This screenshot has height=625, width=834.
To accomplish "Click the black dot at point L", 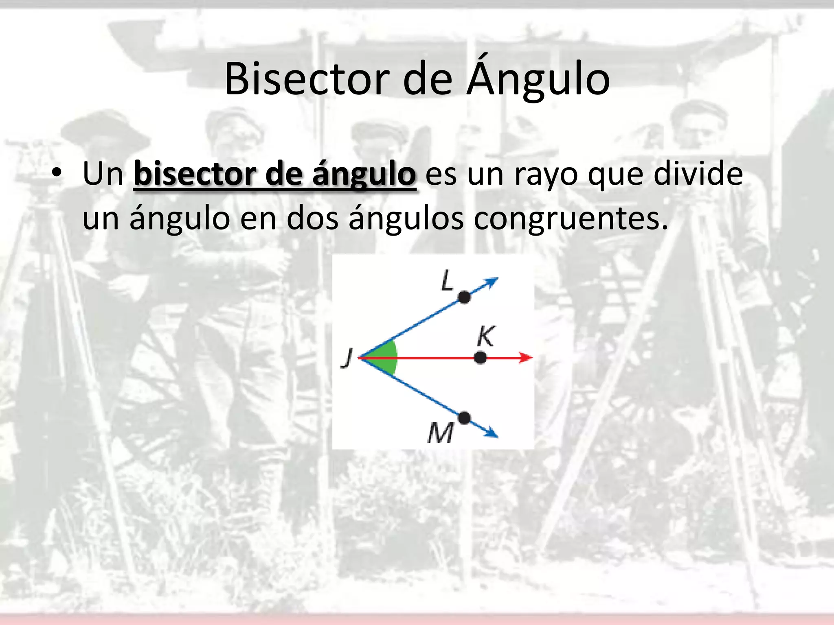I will pos(464,297).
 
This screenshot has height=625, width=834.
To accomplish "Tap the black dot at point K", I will pos(481,358).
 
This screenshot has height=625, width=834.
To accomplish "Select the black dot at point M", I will pos(464,418).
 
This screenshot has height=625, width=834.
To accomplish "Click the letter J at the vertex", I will pos(347,358).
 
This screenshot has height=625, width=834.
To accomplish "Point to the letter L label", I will pos(447,280).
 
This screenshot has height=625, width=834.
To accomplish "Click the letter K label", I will pos(486,336).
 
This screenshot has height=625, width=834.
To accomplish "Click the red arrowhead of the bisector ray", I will pos(526,358).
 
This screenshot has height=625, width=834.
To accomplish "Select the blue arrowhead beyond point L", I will pos(491,282).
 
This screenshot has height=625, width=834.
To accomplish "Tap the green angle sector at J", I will pos(385,358).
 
